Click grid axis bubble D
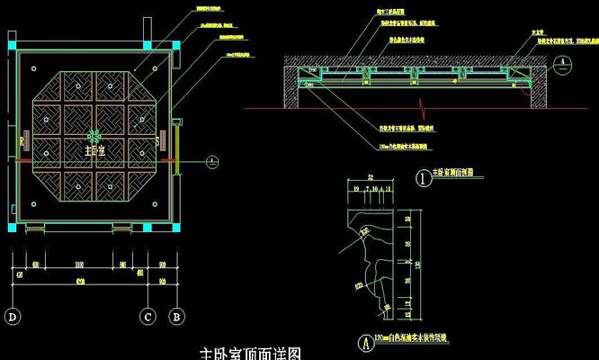point(13,316)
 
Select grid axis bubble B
point(177,316)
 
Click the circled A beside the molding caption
point(363,341)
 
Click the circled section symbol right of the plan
point(210,162)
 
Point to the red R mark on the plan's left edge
point(21,141)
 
